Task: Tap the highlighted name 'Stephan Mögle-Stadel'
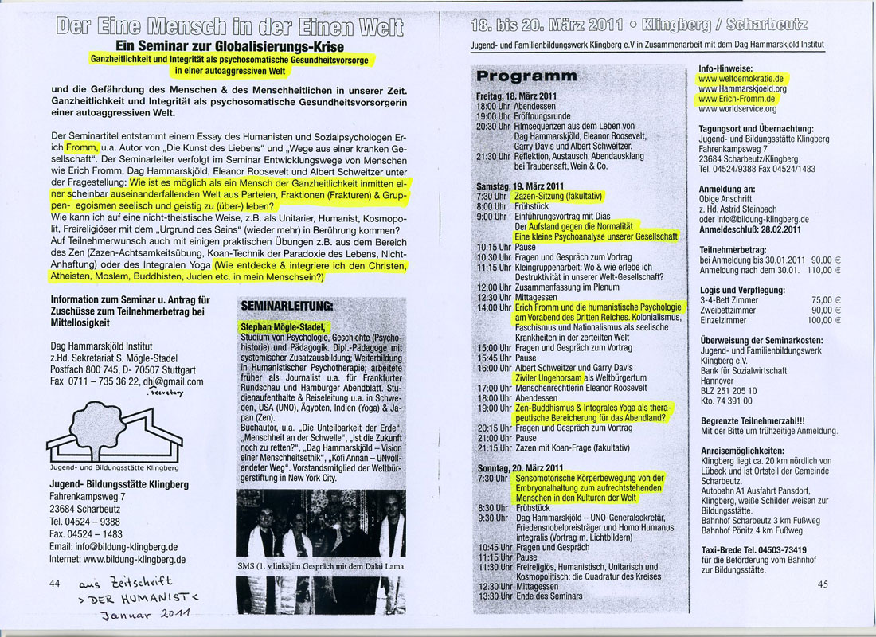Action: click(279, 326)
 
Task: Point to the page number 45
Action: click(823, 584)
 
